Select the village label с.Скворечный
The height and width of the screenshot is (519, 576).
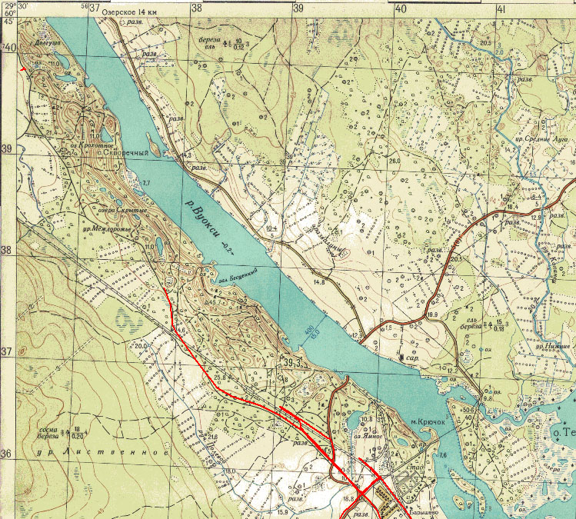tap(125, 152)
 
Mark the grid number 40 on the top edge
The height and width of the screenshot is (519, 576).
tap(400, 8)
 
